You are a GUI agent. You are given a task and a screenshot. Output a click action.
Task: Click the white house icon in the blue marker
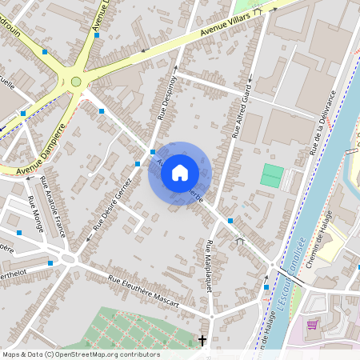(x=180, y=173)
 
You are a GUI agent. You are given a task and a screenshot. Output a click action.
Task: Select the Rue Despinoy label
(x=166, y=98)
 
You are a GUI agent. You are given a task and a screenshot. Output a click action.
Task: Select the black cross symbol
(x=202, y=341)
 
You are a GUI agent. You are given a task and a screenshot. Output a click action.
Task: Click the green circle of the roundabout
(x=76, y=81)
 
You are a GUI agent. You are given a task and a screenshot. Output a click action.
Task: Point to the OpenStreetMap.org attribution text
(x=80, y=354)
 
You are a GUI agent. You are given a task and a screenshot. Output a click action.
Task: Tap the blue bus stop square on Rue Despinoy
(x=153, y=150)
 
